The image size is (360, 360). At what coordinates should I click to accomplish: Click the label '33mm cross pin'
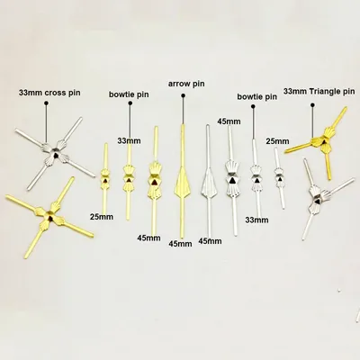(x=49, y=93)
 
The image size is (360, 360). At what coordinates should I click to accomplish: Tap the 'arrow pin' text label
(x=186, y=83)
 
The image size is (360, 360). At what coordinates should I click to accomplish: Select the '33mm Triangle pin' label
(x=319, y=91)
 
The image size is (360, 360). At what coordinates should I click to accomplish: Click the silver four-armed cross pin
(x=55, y=154)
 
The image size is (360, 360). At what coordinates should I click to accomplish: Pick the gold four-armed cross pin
(x=49, y=216)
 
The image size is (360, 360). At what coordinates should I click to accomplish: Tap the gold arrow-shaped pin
(x=182, y=182)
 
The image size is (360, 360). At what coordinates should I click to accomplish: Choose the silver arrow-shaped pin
(x=209, y=181)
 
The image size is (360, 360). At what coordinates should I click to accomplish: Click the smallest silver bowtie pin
(x=279, y=178)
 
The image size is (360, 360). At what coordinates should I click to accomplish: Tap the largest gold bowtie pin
(x=154, y=180)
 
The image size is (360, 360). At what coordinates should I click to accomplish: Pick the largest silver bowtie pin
(x=232, y=180)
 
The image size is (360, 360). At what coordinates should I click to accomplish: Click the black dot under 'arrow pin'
(x=183, y=95)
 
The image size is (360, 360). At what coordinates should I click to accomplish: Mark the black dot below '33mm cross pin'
(x=46, y=103)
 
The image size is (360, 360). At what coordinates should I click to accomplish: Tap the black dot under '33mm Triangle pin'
(x=313, y=105)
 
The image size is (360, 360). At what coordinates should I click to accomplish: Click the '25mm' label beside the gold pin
(x=102, y=217)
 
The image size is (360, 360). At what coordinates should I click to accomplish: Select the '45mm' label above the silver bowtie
(x=229, y=121)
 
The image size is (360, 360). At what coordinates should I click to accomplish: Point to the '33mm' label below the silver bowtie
(x=256, y=220)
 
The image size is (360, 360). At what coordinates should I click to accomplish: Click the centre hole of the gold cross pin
(x=49, y=216)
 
